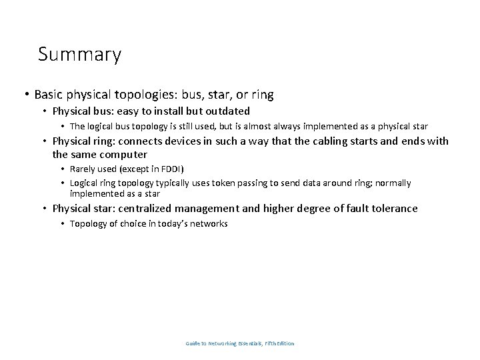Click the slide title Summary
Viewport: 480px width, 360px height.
coord(79,54)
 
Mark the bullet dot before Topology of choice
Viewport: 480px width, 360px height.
coord(63,225)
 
